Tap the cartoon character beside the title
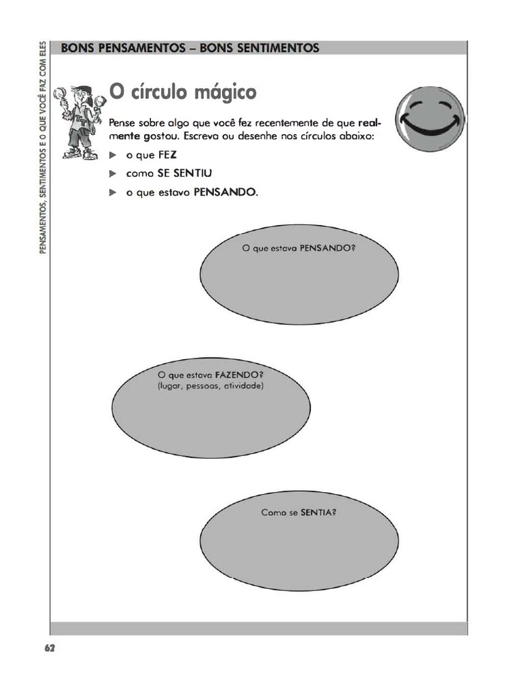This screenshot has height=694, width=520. [80, 122]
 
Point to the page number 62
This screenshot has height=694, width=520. [49, 648]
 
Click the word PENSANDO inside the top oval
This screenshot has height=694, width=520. [328, 248]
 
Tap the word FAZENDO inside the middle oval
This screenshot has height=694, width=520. [238, 375]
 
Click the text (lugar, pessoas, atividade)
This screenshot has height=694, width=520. [209, 386]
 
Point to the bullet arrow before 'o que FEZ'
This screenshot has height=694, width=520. [114, 155]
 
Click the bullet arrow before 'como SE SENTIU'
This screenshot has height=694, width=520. [114, 173]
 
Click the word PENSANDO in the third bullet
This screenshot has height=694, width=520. [225, 192]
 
